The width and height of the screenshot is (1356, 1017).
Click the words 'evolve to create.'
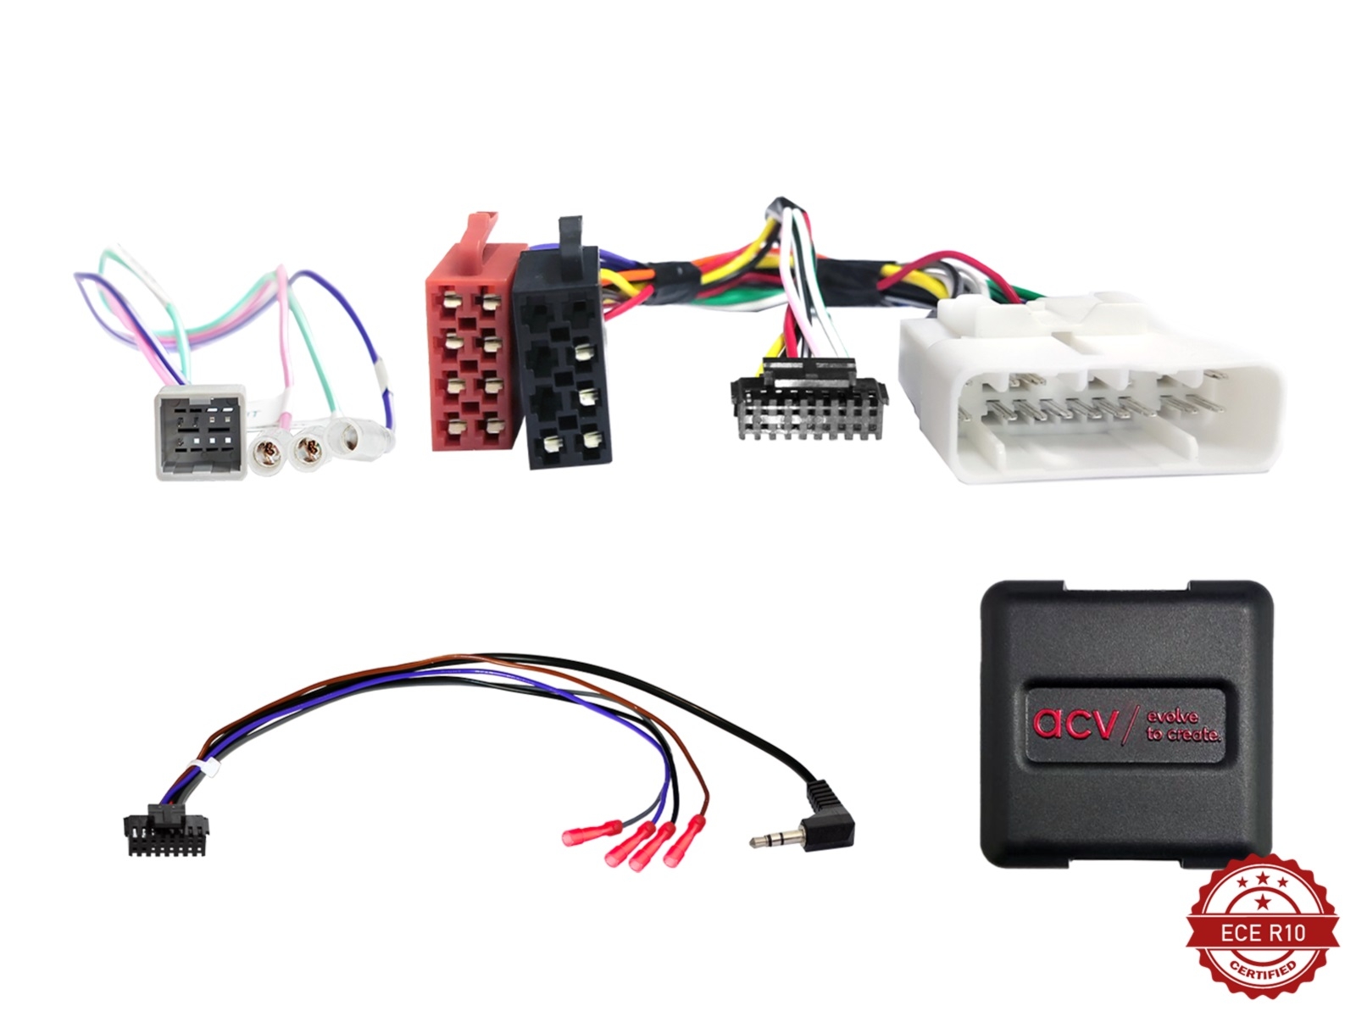[1182, 726]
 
